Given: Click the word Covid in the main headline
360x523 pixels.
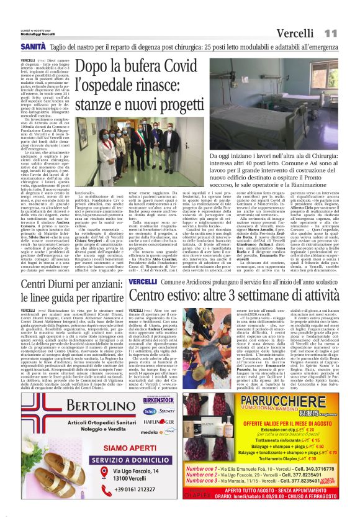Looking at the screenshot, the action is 182,66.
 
